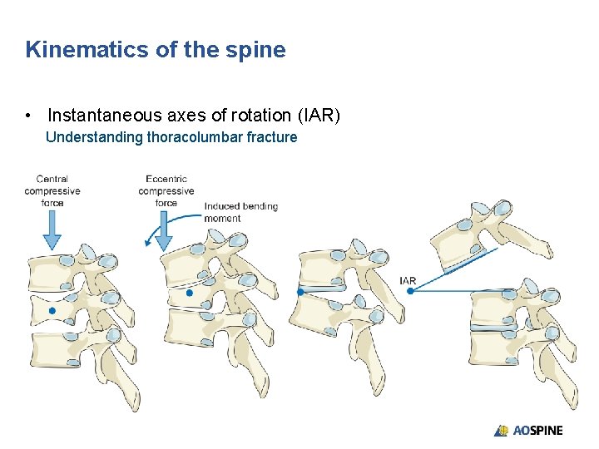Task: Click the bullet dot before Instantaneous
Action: pyautogui.click(x=29, y=116)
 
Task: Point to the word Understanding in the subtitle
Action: pyautogui.click(x=94, y=137)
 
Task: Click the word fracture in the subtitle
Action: pyautogui.click(x=270, y=137)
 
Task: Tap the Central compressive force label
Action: pyautogui.click(x=52, y=190)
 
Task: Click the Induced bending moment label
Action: pyautogui.click(x=240, y=212)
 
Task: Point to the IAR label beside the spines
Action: pyautogui.click(x=408, y=280)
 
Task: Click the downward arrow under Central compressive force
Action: pyautogui.click(x=52, y=229)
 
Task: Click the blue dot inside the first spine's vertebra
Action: pyautogui.click(x=52, y=311)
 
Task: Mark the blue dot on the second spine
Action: pyautogui.click(x=190, y=293)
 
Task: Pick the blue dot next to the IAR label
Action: pyautogui.click(x=410, y=291)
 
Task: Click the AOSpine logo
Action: pyautogui.click(x=529, y=430)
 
